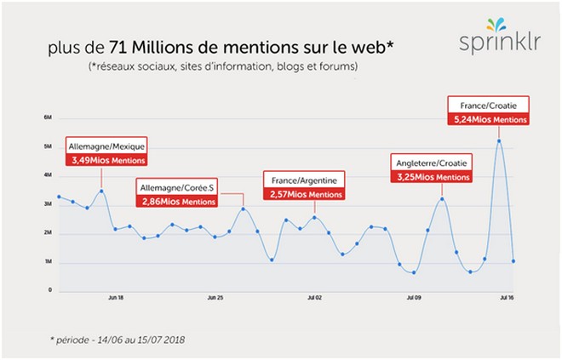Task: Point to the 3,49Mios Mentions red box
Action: tap(106, 159)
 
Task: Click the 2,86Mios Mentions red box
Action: tap(176, 200)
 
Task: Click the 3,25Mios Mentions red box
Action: tap(433, 177)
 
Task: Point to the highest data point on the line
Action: tap(499, 141)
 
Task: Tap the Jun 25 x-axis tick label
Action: tap(215, 298)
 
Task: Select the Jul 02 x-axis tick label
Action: tap(313, 298)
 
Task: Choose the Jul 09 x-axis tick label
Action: tap(414, 298)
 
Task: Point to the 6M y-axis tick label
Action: tap(48, 117)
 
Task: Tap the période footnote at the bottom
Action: tap(117, 339)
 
